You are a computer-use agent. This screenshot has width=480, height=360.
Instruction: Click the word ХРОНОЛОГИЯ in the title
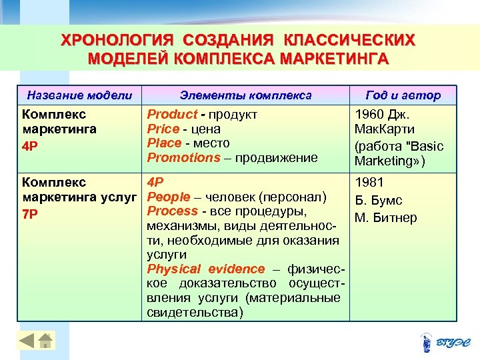(x=114, y=40)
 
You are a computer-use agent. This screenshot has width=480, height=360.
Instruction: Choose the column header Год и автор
(x=403, y=95)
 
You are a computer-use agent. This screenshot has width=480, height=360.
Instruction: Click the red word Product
(x=172, y=115)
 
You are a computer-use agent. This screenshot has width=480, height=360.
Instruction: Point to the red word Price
(x=163, y=129)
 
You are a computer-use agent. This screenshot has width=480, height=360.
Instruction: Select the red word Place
(x=164, y=143)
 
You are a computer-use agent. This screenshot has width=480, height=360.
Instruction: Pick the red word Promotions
(x=183, y=158)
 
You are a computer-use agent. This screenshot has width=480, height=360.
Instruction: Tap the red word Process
(x=172, y=211)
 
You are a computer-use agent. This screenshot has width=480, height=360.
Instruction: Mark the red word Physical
(x=173, y=269)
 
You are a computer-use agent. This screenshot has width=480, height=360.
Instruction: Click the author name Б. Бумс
(x=379, y=201)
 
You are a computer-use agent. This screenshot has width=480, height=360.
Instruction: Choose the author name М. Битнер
(x=386, y=218)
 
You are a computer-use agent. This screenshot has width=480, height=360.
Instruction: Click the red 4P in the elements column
(x=155, y=182)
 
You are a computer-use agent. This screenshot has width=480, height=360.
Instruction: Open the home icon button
(x=45, y=341)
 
